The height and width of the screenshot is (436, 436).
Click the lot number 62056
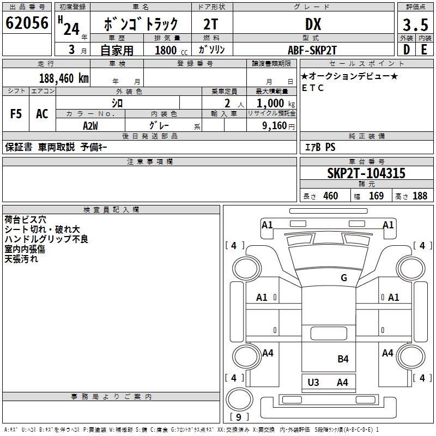[x=27, y=23]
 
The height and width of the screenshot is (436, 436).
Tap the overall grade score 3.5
[x=414, y=25]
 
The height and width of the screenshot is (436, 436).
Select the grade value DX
[x=313, y=24]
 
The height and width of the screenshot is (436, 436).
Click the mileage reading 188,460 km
[x=64, y=78]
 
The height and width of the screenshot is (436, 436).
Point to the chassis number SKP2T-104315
[x=366, y=173]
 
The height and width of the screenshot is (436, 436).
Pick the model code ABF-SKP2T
[x=312, y=50]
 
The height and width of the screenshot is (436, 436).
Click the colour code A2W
[x=90, y=125]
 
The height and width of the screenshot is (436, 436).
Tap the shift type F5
[x=16, y=114]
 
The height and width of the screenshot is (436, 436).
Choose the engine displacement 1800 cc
[x=167, y=50]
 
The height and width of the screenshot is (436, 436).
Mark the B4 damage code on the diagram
[x=343, y=359]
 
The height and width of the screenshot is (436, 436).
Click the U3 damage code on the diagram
[x=313, y=382]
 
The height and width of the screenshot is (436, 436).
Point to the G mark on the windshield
[x=344, y=278]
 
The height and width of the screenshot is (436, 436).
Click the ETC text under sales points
[x=313, y=88]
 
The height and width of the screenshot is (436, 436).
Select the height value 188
[x=420, y=196]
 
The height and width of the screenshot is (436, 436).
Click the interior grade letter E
[x=424, y=49]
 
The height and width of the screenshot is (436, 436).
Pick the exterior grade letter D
[x=406, y=49]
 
